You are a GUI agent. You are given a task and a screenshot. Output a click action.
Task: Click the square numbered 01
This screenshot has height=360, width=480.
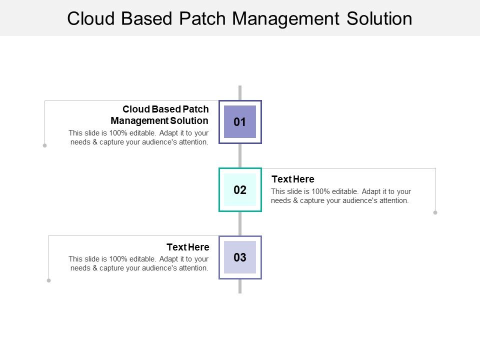[240, 122]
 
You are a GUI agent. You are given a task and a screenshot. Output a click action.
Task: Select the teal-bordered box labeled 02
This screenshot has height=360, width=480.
[240, 190]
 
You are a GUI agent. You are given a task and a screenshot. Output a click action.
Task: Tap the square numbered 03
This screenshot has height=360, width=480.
[240, 257]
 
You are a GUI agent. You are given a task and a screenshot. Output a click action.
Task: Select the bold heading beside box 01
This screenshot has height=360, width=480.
[160, 114]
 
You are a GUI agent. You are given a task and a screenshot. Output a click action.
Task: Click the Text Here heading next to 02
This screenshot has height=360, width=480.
[292, 179]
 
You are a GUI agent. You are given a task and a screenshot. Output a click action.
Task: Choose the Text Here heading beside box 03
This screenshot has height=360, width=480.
[187, 247]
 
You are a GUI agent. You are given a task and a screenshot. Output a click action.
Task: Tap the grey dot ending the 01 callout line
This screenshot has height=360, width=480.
[44, 145]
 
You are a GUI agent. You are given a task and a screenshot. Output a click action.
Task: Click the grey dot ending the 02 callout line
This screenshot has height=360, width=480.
[435, 212]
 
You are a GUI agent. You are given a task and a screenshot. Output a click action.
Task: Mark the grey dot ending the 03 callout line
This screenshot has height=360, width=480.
[48, 280]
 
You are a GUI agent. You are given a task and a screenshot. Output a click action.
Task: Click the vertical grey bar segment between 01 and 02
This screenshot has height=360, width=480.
[240, 155]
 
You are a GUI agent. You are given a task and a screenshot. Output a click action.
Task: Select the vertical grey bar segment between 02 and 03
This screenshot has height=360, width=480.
[240, 223]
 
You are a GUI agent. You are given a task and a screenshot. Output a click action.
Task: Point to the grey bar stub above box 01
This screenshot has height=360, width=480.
[240, 92]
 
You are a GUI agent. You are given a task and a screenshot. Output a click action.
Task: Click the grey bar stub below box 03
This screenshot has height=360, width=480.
[240, 286]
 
